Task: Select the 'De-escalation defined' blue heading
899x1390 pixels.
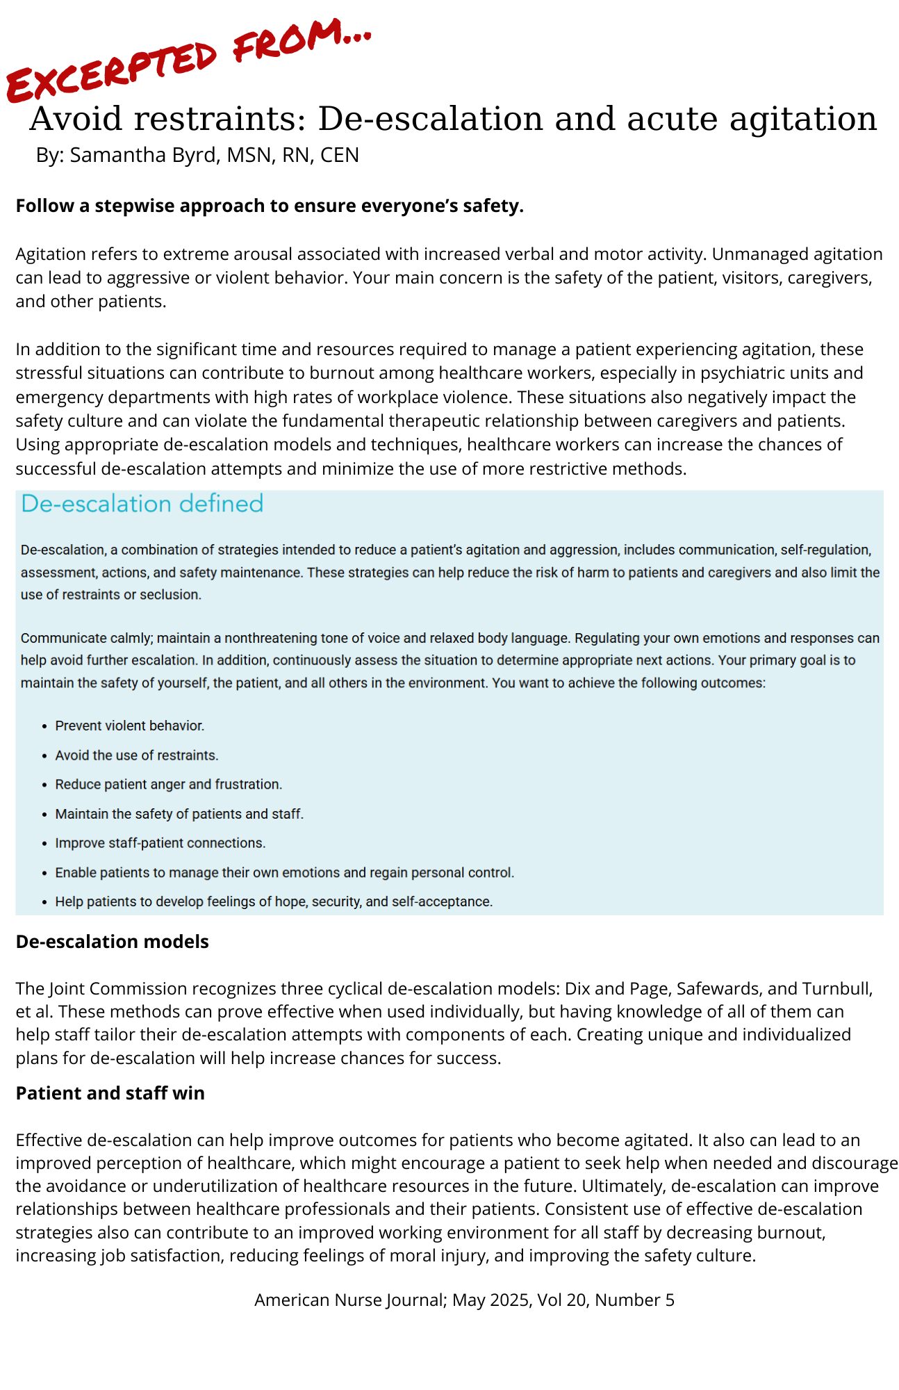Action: point(142,504)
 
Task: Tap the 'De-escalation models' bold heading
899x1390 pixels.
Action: point(112,942)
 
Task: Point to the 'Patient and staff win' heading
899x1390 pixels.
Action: point(110,1093)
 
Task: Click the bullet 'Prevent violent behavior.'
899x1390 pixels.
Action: point(130,726)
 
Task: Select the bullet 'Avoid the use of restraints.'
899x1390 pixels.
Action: point(137,755)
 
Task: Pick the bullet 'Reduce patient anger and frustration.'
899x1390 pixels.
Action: point(169,784)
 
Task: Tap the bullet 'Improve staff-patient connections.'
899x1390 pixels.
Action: point(160,843)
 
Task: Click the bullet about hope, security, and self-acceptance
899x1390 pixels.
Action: point(274,902)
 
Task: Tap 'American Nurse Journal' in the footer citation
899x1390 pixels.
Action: point(349,1300)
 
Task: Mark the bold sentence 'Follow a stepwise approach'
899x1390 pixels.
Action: point(270,206)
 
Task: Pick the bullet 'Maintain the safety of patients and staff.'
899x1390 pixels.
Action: point(179,814)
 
